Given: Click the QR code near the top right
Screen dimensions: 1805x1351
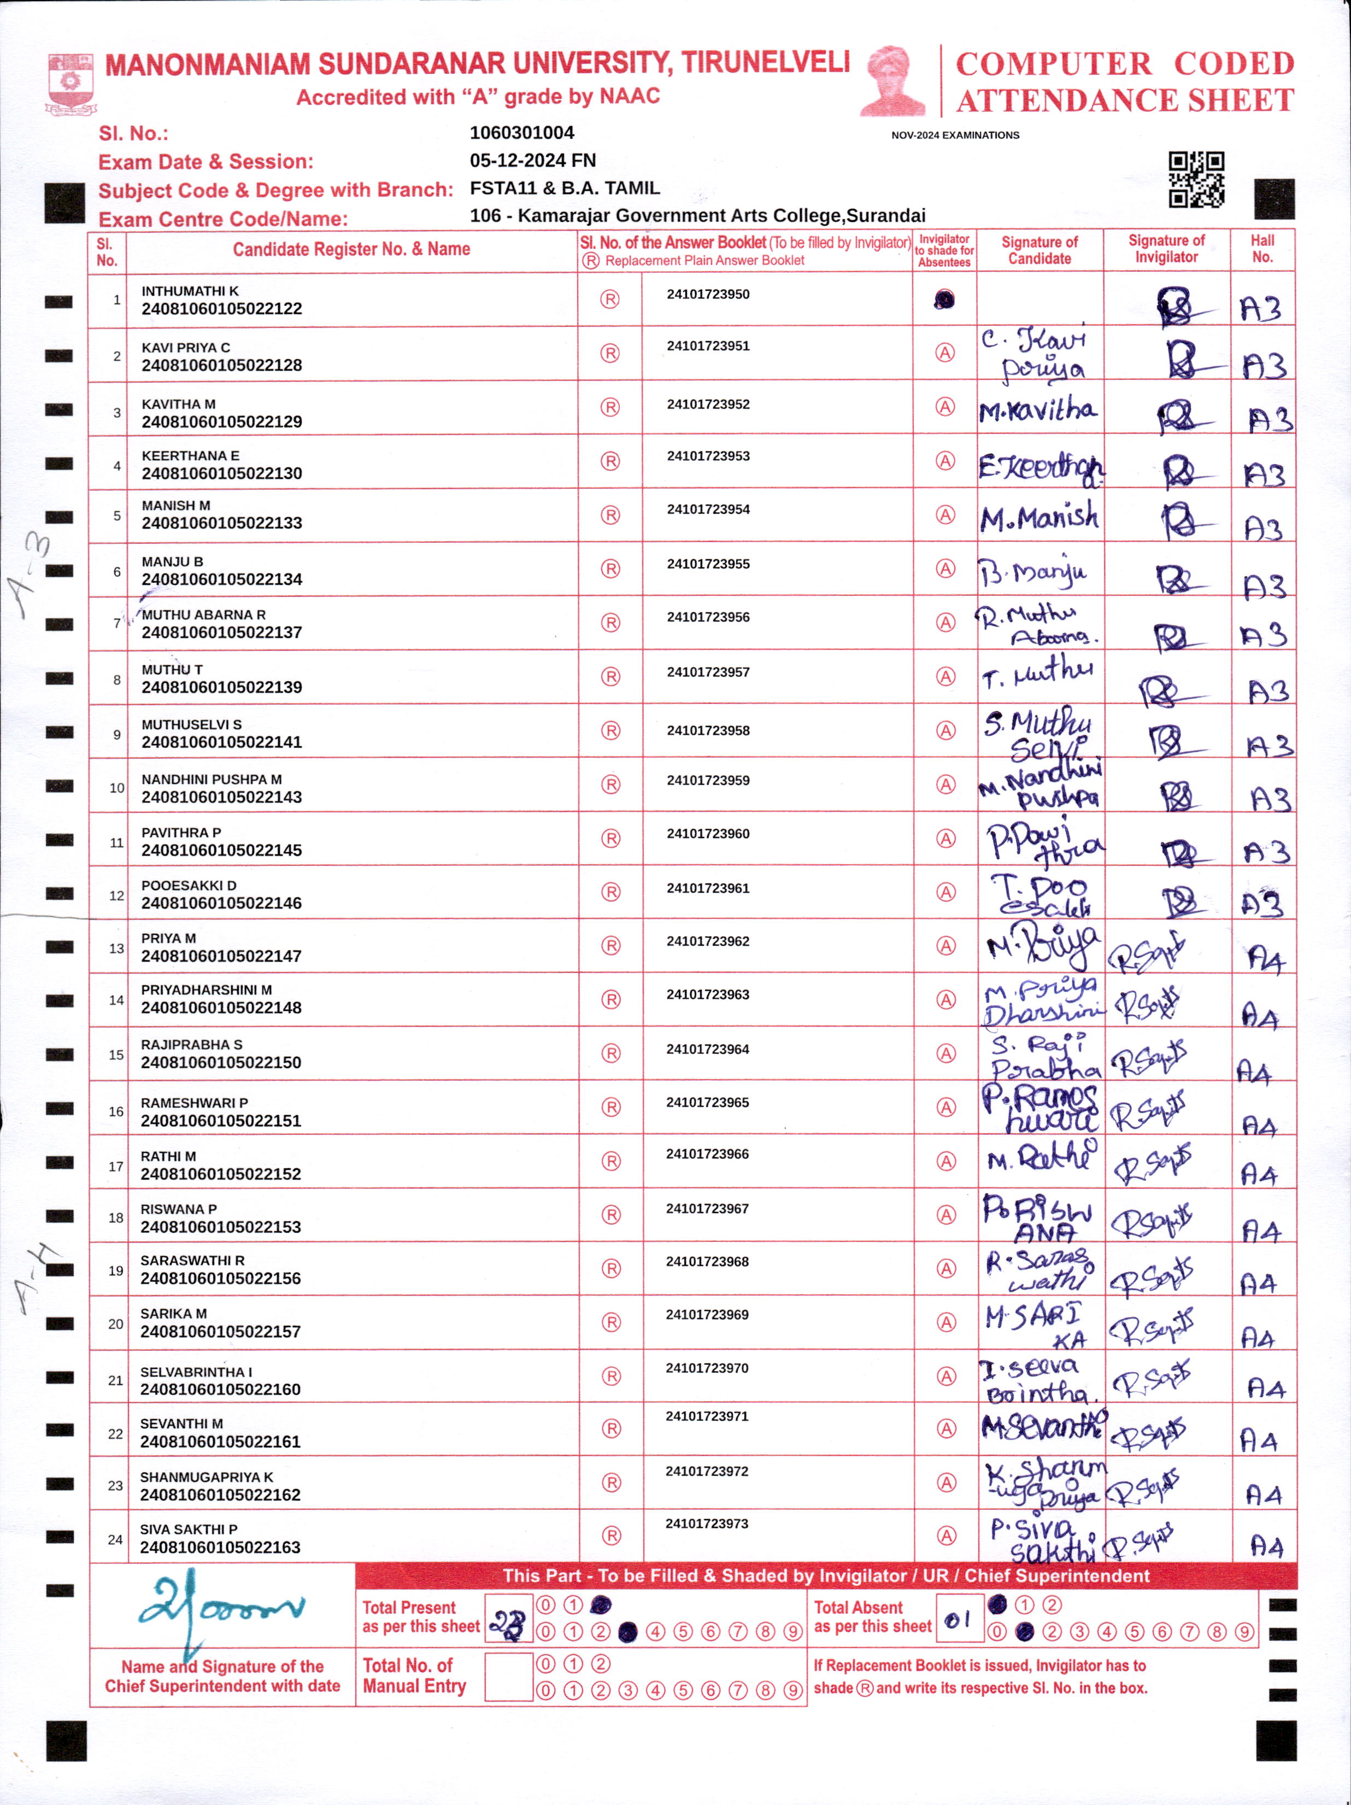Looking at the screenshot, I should click(x=1196, y=179).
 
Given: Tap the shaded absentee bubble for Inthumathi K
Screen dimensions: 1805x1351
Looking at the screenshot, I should click(x=944, y=300).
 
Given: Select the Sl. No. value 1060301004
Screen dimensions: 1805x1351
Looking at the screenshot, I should click(x=521, y=132).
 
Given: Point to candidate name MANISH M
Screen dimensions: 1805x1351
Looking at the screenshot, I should click(x=175, y=505).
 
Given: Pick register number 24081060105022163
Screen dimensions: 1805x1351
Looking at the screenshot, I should click(x=220, y=1547).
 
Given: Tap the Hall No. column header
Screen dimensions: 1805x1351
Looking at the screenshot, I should click(x=1261, y=249).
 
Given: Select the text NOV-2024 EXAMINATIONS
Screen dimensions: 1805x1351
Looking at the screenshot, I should click(x=955, y=136).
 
